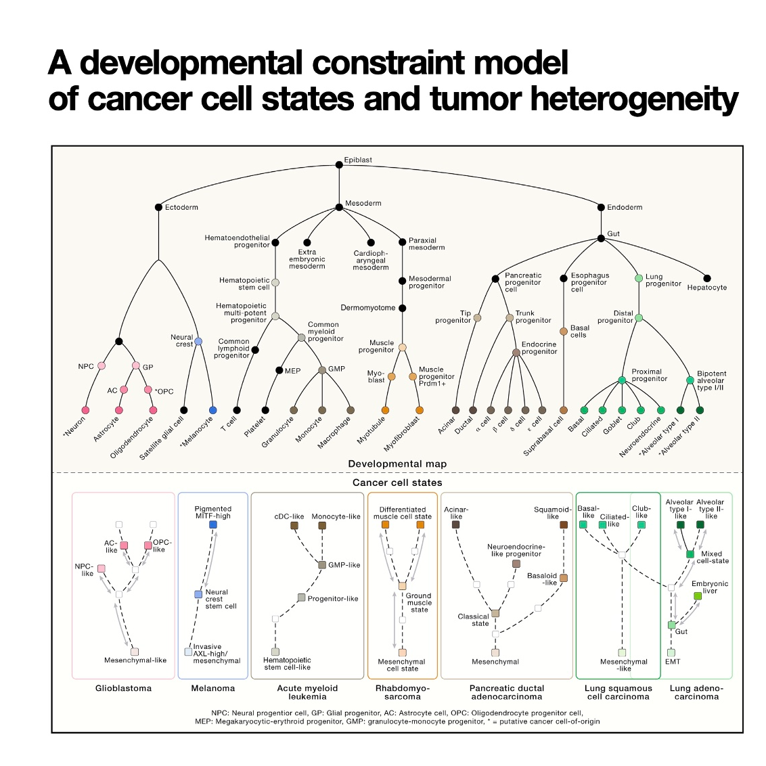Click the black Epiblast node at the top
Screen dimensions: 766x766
(x=339, y=164)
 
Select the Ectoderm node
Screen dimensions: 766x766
(x=158, y=207)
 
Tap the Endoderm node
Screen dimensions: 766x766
(x=601, y=207)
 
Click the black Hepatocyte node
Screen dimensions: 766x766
(x=707, y=278)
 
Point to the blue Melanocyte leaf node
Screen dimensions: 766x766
(x=213, y=410)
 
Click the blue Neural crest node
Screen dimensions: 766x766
(x=198, y=342)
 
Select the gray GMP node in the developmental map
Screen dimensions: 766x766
(x=322, y=370)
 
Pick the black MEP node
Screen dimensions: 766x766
(x=279, y=370)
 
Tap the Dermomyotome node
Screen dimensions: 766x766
(x=402, y=308)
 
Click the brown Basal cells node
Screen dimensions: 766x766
(x=564, y=331)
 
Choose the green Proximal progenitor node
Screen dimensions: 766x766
(x=622, y=380)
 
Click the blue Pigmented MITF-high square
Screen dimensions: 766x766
(x=213, y=524)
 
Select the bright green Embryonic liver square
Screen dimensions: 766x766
(x=698, y=595)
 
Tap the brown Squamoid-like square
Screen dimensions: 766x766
(x=564, y=524)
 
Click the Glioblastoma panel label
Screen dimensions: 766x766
(x=123, y=688)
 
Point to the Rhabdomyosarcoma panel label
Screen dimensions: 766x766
(x=403, y=692)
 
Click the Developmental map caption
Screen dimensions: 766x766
(x=397, y=464)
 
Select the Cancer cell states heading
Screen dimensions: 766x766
(x=397, y=482)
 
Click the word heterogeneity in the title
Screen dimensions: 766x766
(x=633, y=99)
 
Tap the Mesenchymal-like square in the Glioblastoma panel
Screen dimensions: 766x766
(x=135, y=651)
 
